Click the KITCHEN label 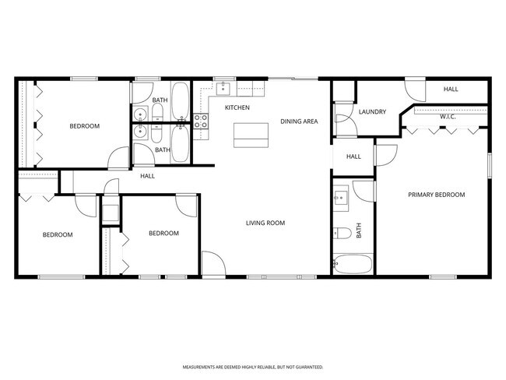click(237, 107)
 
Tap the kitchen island click(250, 135)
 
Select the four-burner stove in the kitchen click(200, 121)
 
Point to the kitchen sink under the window click(224, 86)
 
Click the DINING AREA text click(299, 121)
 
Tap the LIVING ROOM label click(265, 223)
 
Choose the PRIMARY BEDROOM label click(436, 195)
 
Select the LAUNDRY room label click(372, 111)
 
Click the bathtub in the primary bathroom click(353, 263)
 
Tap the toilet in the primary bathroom click(342, 233)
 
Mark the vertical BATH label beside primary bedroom click(360, 231)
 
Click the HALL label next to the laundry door click(353, 157)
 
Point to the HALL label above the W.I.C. click(451, 90)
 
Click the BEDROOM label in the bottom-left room click(57, 234)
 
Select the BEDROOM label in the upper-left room click(84, 126)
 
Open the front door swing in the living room click(213, 264)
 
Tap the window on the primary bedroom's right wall click(489, 167)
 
